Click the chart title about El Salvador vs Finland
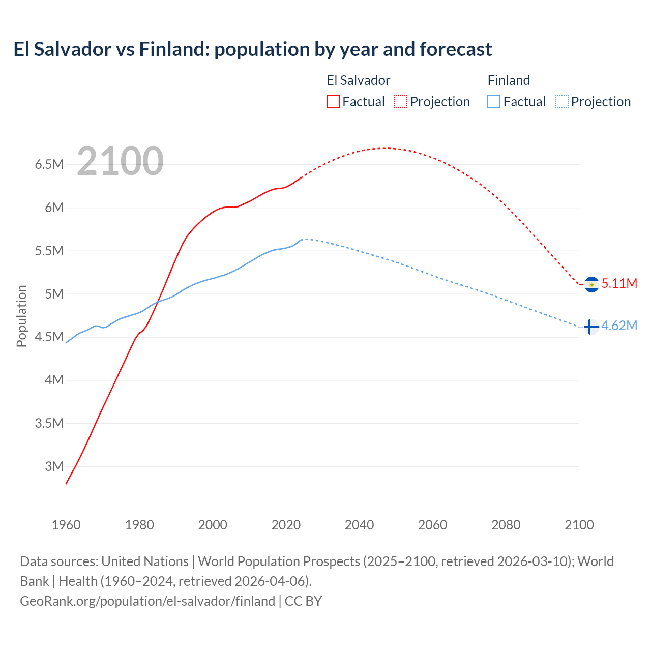(x=253, y=49)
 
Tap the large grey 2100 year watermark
(x=120, y=161)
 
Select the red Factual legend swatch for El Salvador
(x=333, y=102)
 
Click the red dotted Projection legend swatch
(x=401, y=102)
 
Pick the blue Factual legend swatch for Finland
(x=494, y=102)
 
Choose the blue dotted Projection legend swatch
(x=562, y=102)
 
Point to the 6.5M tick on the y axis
(x=49, y=165)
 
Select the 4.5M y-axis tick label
(x=49, y=337)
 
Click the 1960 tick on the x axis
(x=66, y=525)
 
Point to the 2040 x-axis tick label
(x=359, y=525)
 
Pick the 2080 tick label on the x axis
(x=506, y=525)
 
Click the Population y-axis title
(x=21, y=316)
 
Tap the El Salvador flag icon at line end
(x=591, y=284)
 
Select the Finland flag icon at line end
(x=590, y=327)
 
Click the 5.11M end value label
(x=619, y=283)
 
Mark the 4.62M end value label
(x=619, y=326)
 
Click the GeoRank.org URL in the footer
(x=147, y=601)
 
